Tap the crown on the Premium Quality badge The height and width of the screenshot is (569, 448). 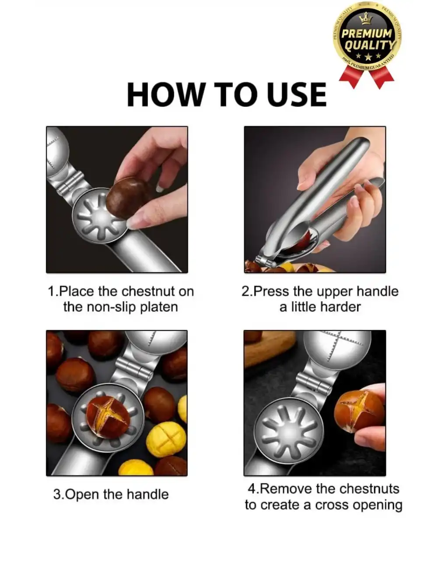coord(365,19)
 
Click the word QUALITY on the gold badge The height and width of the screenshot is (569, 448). coord(370,45)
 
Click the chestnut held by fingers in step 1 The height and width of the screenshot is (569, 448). coord(127,197)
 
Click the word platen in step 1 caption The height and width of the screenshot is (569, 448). coord(158,307)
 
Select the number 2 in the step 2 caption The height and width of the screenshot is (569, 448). coord(245,292)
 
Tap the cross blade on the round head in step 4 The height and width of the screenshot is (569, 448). coord(337,345)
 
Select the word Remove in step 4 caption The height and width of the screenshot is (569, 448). coord(286,488)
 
